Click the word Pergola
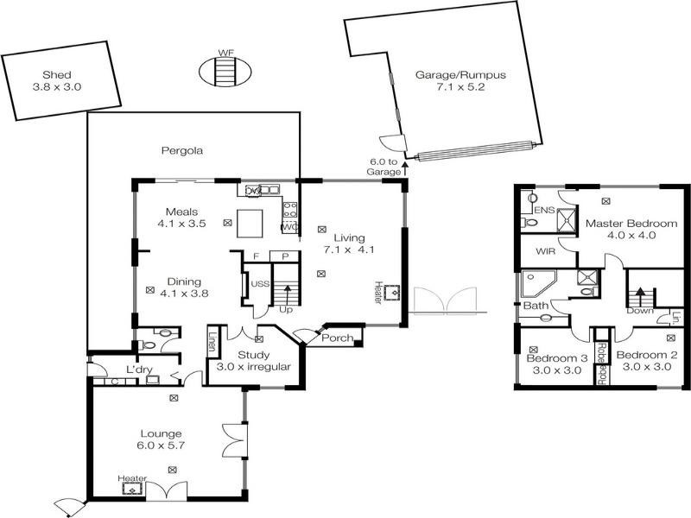182,151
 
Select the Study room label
254,361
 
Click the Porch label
337,338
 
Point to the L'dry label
140,370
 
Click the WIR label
546,252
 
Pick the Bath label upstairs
536,306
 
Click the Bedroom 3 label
557,363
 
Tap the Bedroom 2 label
646,361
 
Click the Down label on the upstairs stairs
640,311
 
